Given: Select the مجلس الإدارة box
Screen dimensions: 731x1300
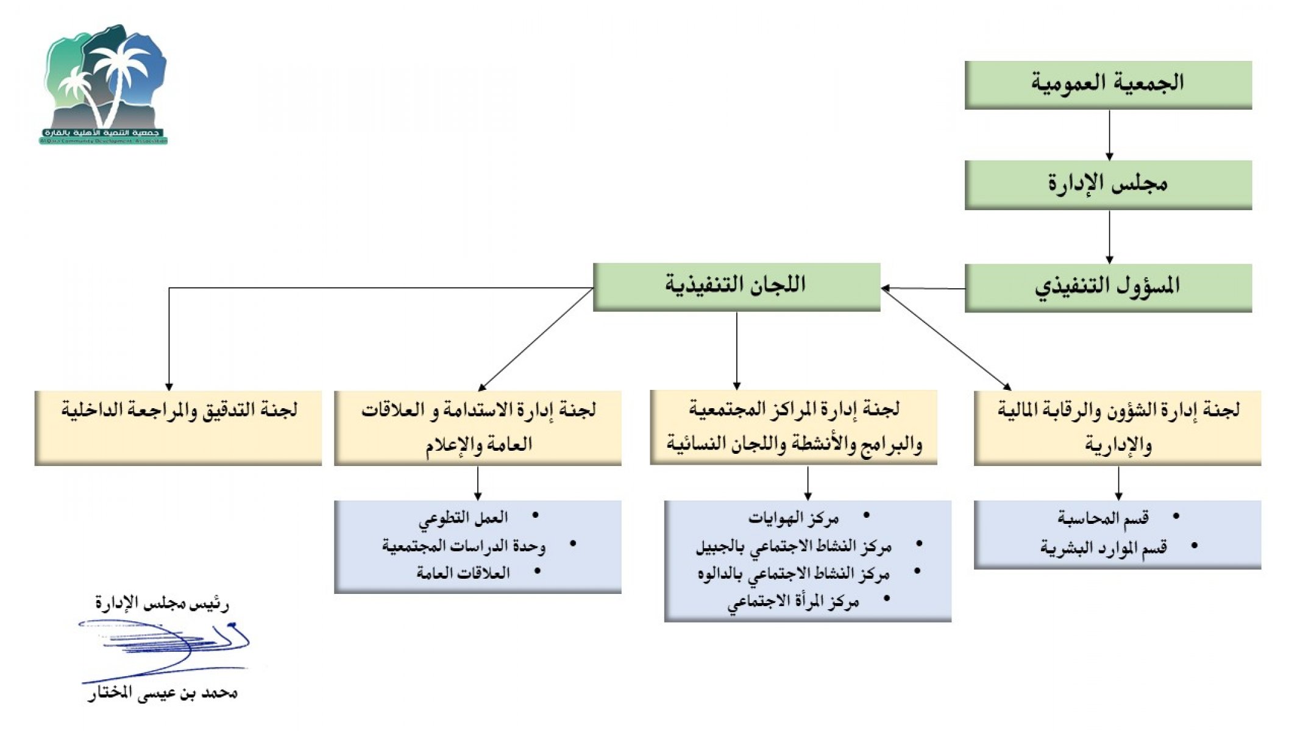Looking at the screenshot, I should (x=1107, y=184).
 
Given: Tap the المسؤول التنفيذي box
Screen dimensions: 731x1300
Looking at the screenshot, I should (x=1107, y=287).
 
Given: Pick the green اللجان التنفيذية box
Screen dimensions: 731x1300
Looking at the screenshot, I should (x=736, y=286).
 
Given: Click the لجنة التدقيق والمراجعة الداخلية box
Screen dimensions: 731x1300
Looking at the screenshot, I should (x=178, y=427).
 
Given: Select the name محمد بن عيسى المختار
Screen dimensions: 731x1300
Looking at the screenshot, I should (x=162, y=693).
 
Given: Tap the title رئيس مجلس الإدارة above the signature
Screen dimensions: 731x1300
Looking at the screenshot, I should (x=162, y=604).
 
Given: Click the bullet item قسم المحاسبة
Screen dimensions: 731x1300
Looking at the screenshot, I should (x=1103, y=518).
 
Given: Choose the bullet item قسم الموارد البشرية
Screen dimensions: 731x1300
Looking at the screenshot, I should (x=1103, y=547).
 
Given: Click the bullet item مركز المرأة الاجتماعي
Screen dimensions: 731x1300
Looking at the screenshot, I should (x=792, y=602).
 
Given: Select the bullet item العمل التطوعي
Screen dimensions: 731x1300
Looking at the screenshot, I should (x=463, y=518).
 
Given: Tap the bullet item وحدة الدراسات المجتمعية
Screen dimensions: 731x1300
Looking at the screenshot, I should (x=463, y=546).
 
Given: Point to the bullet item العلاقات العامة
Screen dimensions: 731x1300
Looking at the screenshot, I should (x=463, y=573).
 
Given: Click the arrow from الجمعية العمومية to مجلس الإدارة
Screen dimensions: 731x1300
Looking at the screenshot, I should (x=1109, y=135).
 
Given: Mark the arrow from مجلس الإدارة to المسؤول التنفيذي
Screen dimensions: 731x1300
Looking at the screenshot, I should (x=1109, y=236).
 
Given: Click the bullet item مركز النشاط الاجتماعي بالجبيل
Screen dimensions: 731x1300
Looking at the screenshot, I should (x=794, y=546).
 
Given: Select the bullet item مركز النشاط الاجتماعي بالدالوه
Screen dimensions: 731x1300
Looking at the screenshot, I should (x=794, y=574).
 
